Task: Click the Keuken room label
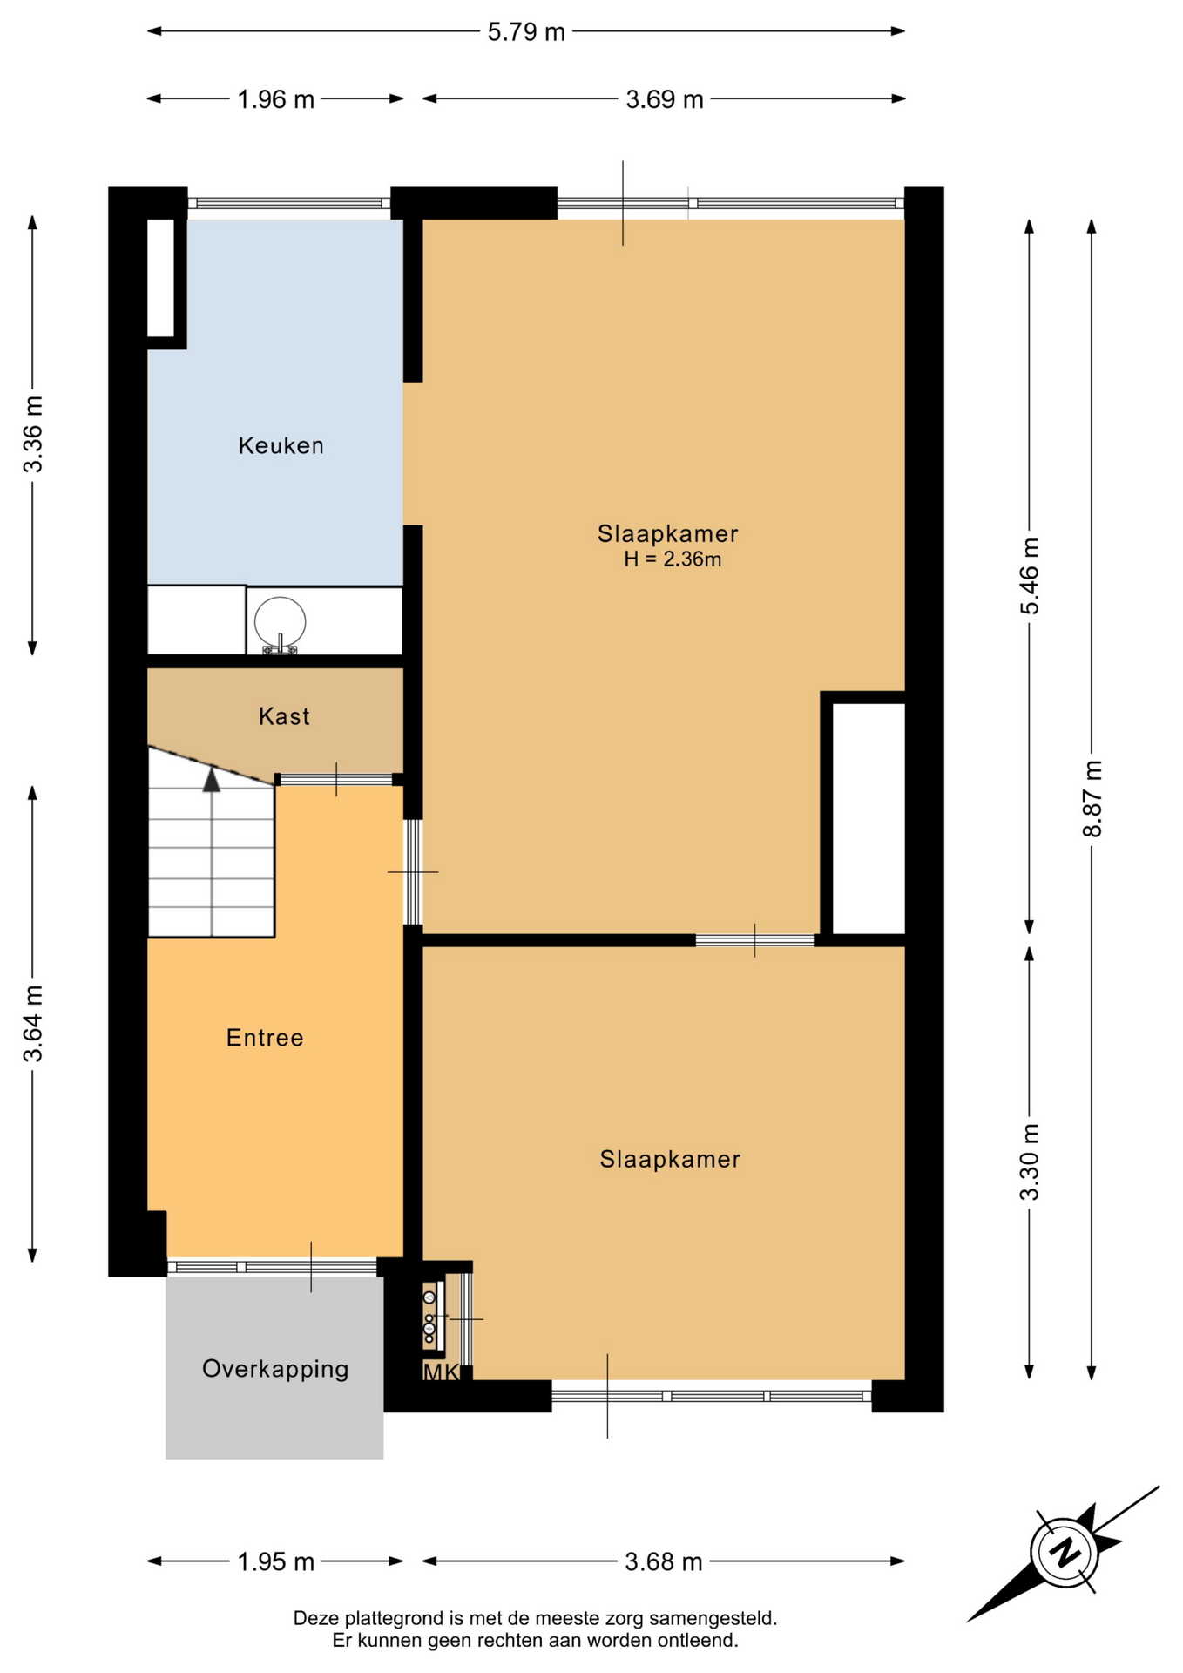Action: tap(281, 446)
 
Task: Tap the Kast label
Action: tap(284, 716)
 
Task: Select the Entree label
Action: tap(265, 1038)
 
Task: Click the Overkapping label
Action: tap(275, 1369)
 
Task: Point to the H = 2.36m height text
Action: tap(673, 559)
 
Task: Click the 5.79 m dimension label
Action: tap(526, 32)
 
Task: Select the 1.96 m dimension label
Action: tap(276, 99)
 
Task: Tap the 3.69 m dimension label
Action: tap(665, 99)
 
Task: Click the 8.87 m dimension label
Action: tap(1092, 799)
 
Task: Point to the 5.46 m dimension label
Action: tap(1030, 576)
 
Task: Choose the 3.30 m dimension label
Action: tap(1030, 1162)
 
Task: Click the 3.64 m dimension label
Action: tap(33, 1024)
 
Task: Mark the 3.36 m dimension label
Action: tap(33, 434)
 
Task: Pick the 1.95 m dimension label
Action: tap(276, 1561)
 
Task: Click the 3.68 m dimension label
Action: tap(664, 1561)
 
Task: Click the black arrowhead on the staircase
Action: tap(212, 779)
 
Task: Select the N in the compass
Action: tap(1064, 1553)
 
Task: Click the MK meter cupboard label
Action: tap(441, 1373)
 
